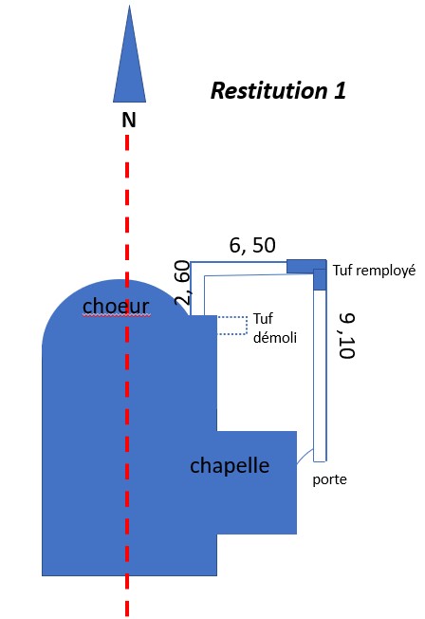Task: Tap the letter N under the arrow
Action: pos(129,120)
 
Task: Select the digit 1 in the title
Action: pos(340,90)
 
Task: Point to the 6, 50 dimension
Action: pos(252,245)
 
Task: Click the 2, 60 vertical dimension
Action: pos(183,282)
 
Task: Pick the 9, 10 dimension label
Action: pos(347,335)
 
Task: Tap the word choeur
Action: pos(116,306)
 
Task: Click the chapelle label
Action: pos(230,465)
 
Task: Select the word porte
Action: pos(329,479)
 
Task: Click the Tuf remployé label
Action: pos(374,270)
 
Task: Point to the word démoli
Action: pos(275,338)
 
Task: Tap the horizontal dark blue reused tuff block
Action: pos(306,266)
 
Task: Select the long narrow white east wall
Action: pos(320,376)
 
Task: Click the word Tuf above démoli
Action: pos(263,319)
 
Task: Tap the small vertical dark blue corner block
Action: pos(320,279)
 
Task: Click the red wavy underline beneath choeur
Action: pos(116,316)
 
